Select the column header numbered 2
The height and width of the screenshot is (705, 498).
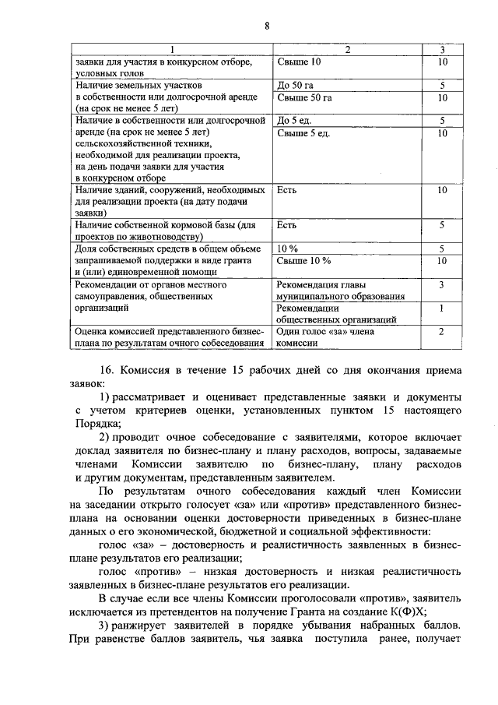(x=347, y=50)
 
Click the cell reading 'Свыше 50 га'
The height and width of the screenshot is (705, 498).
(x=304, y=97)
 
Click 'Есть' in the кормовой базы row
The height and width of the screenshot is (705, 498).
(x=287, y=225)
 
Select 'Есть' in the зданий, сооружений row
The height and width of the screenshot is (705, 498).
(x=287, y=189)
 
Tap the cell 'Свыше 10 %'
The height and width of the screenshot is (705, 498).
(x=303, y=260)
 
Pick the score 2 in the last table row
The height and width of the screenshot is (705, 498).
(x=441, y=332)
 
